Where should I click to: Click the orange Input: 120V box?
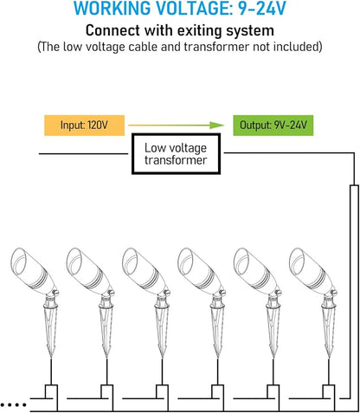[84, 126]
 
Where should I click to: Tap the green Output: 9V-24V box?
[273, 126]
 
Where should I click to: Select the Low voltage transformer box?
[176, 154]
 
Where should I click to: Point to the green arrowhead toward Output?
[217, 126]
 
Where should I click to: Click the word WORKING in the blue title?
[112, 9]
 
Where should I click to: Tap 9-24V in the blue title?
[262, 9]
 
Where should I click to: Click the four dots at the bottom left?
[13, 405]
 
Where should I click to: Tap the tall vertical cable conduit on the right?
[354, 292]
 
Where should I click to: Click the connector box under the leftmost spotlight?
[51, 391]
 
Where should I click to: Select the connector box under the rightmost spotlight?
[329, 391]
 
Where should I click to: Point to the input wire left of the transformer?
[84, 153]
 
